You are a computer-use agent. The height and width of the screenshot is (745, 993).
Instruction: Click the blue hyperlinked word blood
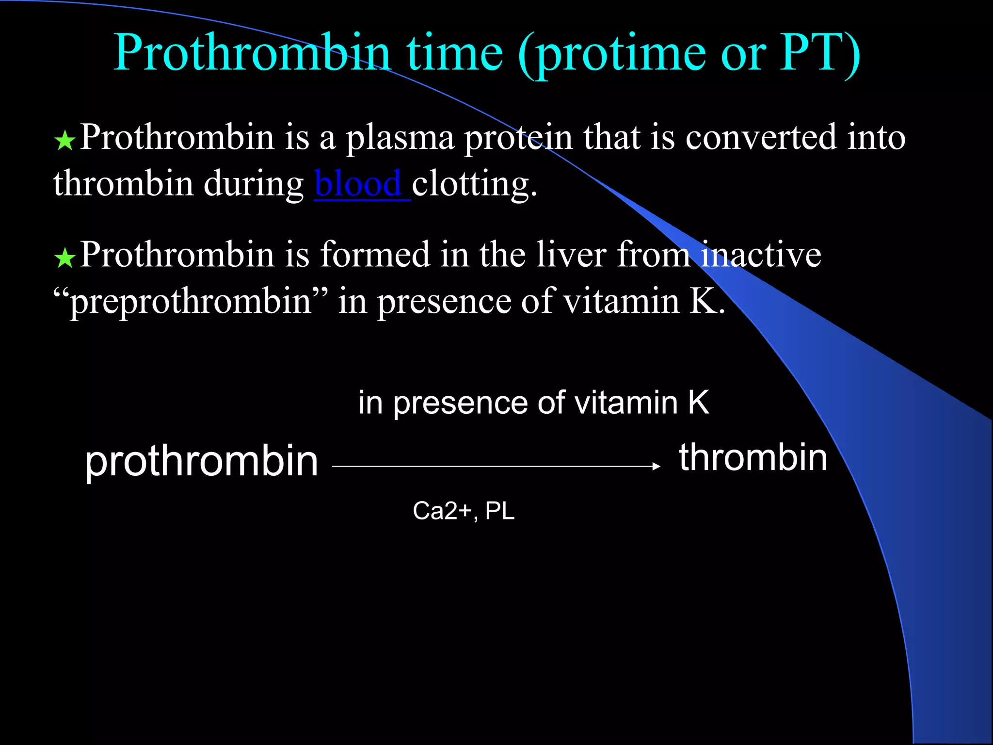tap(358, 184)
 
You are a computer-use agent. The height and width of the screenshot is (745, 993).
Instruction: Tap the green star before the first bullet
tap(64, 141)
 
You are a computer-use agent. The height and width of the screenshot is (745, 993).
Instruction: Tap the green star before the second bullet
tap(64, 258)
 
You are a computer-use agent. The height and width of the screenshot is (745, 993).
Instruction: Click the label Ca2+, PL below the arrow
tap(464, 511)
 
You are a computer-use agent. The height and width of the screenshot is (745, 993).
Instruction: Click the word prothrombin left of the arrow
tap(201, 462)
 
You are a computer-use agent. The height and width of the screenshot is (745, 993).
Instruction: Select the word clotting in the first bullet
tap(474, 185)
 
